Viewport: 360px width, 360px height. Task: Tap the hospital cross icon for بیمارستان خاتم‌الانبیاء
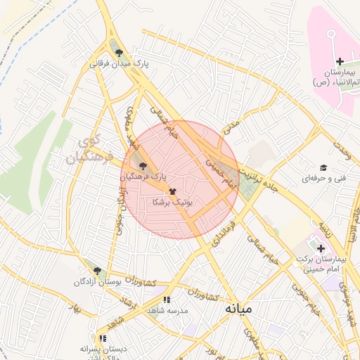(x=340, y=63)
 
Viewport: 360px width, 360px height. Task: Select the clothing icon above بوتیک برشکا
(x=172, y=191)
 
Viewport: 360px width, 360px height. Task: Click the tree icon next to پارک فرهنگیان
(x=143, y=167)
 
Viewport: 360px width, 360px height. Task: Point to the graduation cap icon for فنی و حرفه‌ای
(x=323, y=167)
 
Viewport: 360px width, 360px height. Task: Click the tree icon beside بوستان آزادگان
(x=97, y=271)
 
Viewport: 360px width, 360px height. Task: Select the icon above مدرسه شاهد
(x=167, y=300)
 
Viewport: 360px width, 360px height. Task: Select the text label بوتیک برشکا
(x=172, y=202)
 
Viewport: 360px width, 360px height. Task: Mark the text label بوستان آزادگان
(x=98, y=282)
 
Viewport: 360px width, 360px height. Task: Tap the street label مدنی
(x=231, y=126)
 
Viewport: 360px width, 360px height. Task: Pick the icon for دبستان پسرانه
(x=103, y=338)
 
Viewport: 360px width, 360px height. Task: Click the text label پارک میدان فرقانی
(x=124, y=63)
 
